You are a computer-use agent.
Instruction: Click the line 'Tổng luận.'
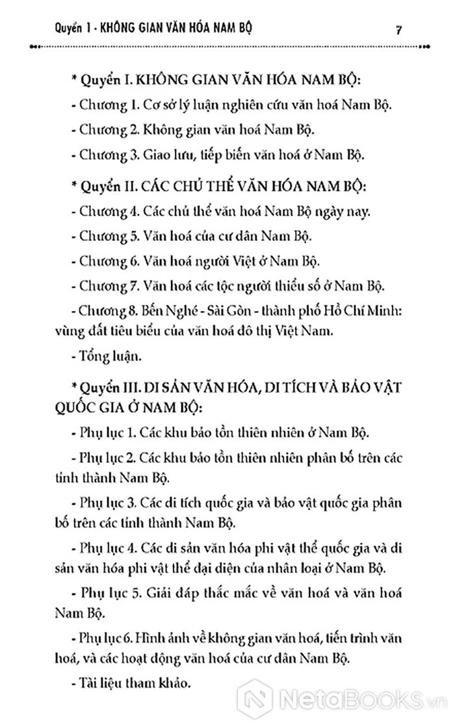point(105,355)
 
